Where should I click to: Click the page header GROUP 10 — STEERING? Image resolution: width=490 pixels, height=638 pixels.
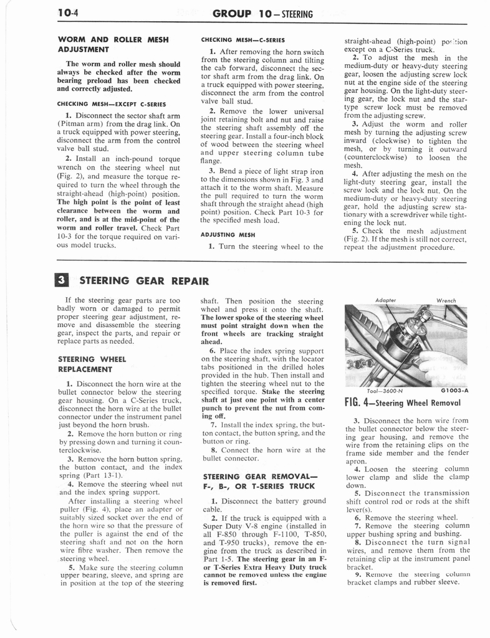tap(262, 13)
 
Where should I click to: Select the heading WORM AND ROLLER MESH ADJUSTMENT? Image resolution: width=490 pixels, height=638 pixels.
tap(113, 44)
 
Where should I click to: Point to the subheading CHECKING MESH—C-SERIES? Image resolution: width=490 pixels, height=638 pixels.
tap(243, 40)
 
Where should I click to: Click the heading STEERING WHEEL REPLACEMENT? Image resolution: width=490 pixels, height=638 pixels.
tap(92, 364)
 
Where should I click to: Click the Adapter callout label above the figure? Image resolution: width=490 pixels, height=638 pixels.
tap(387, 299)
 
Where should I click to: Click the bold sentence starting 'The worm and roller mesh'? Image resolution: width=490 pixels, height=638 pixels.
tap(113, 76)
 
